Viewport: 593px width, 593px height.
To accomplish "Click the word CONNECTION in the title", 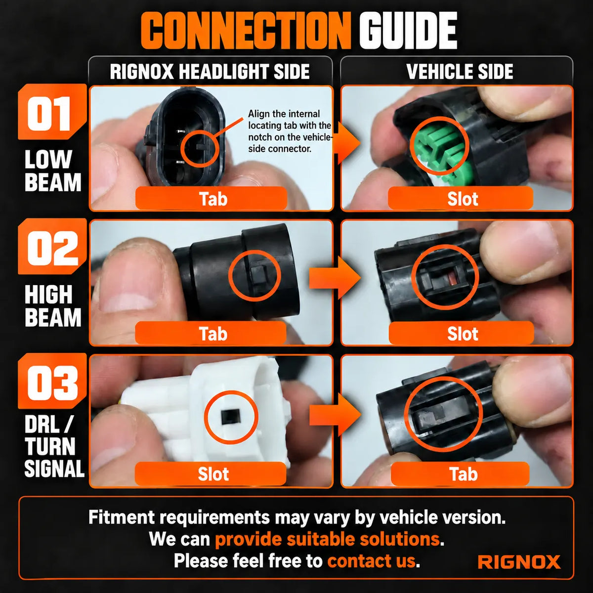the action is click(x=245, y=31).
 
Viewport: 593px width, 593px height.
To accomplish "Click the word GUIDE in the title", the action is click(x=408, y=31).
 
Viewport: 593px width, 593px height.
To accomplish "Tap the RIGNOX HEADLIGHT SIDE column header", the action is click(x=210, y=72).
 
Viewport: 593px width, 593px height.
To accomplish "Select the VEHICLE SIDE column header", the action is click(x=460, y=72).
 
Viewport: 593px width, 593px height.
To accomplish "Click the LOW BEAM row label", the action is click(x=53, y=171).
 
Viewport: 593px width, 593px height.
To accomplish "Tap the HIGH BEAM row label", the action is click(x=53, y=305).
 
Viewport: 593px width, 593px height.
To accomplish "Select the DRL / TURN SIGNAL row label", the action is click(x=54, y=446).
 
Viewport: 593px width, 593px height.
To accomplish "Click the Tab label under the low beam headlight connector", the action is click(x=213, y=199).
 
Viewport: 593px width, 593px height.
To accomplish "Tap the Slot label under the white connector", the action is click(x=213, y=474).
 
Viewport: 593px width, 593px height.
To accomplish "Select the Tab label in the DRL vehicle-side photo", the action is click(x=464, y=474).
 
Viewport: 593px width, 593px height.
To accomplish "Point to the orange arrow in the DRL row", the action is click(x=336, y=415).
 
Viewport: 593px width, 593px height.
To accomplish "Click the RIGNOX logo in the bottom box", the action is click(x=519, y=562).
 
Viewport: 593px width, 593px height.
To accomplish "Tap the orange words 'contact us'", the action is click(x=372, y=561).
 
